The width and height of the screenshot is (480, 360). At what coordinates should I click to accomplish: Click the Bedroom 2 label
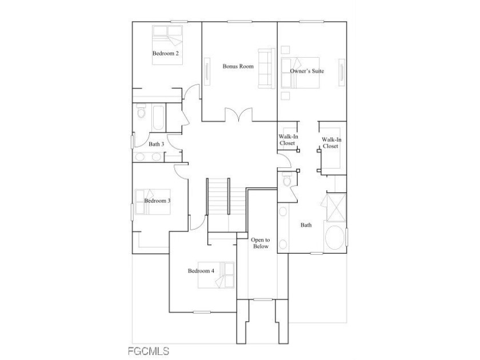click(166, 53)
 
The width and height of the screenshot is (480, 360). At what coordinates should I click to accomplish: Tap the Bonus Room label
click(238, 66)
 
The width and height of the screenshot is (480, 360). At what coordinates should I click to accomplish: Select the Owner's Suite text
click(307, 71)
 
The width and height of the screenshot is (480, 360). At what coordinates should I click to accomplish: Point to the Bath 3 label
click(157, 144)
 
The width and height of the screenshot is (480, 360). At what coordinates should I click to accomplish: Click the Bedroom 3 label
click(157, 201)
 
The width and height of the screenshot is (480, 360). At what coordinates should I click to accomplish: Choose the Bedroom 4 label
click(201, 271)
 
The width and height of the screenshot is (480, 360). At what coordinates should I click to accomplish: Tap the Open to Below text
click(261, 243)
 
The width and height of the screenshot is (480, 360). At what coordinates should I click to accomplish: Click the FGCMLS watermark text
click(148, 351)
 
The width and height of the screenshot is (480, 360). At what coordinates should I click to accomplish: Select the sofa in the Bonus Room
click(266, 69)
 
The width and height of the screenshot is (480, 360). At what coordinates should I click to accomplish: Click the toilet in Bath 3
click(141, 111)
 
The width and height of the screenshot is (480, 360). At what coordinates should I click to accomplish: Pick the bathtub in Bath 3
click(158, 118)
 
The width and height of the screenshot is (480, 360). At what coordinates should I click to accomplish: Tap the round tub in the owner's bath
click(335, 238)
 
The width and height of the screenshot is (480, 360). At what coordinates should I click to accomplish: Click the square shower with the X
click(337, 207)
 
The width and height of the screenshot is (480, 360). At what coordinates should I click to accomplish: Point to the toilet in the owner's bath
click(287, 179)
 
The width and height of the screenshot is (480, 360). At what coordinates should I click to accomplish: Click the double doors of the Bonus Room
click(239, 114)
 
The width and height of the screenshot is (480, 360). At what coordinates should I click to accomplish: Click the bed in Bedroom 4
click(216, 275)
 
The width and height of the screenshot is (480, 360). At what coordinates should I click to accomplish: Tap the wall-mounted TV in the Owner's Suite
click(342, 71)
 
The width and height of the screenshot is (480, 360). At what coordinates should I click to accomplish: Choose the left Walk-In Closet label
click(288, 140)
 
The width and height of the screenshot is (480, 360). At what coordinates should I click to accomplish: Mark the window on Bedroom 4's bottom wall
click(202, 312)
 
